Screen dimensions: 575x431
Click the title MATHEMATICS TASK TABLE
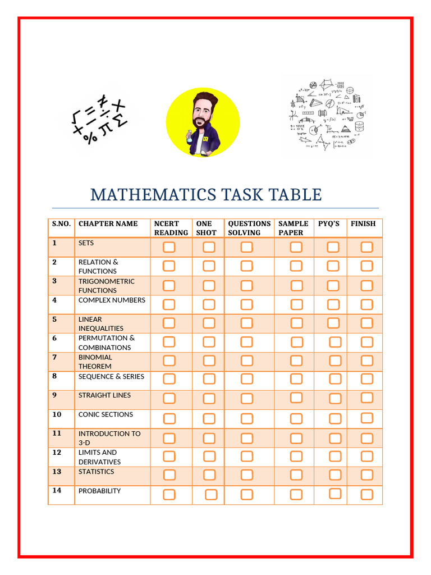[206, 195]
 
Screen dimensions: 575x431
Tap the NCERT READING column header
[171, 228]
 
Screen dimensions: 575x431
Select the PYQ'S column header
[329, 223]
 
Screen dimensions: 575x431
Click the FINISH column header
[363, 223]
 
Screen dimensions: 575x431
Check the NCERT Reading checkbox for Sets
[169, 247]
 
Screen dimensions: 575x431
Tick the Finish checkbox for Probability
[366, 494]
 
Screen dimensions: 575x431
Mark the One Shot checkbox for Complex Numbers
[209, 304]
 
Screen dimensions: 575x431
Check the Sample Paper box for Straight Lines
[296, 398]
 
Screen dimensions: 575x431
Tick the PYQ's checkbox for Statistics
[335, 475]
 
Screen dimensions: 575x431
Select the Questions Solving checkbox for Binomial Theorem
[246, 361]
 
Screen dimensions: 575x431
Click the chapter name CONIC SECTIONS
[106, 414]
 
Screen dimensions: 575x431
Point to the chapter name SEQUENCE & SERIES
[111, 376]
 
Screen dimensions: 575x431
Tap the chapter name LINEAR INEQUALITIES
[101, 323]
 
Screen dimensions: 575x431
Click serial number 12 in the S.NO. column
[57, 453]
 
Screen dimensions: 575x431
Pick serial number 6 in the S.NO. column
[54, 338]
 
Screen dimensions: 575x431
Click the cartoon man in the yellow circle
[203, 123]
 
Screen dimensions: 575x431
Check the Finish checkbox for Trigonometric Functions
[366, 285]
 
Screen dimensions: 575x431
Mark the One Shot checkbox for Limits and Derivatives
[209, 456]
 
